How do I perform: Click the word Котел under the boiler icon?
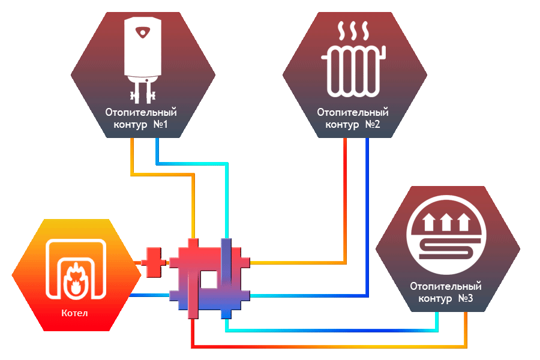[x=75, y=313]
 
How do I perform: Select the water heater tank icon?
[x=143, y=48]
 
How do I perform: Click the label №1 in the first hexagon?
[x=160, y=125]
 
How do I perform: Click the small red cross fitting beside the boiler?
[x=153, y=263]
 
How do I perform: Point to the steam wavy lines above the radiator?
[x=353, y=30]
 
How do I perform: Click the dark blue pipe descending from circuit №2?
[x=367, y=216]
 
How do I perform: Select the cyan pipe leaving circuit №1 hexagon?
[x=157, y=150]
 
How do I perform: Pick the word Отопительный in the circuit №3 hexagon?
[x=446, y=287]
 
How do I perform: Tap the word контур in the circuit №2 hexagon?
[x=341, y=125]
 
